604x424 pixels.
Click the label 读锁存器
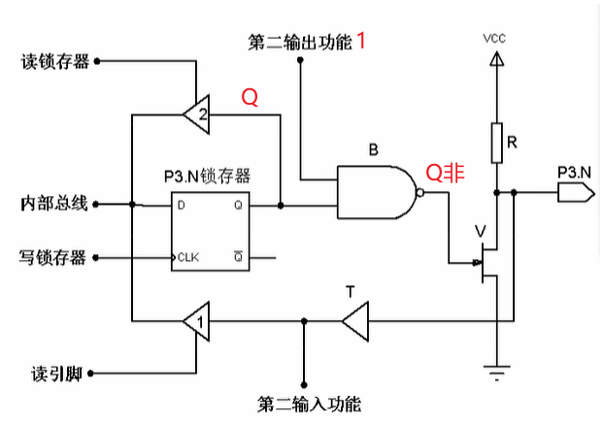54,62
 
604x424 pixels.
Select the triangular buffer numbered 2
197,114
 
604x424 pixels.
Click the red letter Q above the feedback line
250,99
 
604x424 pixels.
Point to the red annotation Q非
447,172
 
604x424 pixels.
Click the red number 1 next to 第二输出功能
361,41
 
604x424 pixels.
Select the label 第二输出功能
299,44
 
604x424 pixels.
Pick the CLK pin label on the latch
188,258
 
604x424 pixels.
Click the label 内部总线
54,204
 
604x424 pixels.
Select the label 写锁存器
52,258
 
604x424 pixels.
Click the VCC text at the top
495,39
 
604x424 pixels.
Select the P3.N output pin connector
575,192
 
